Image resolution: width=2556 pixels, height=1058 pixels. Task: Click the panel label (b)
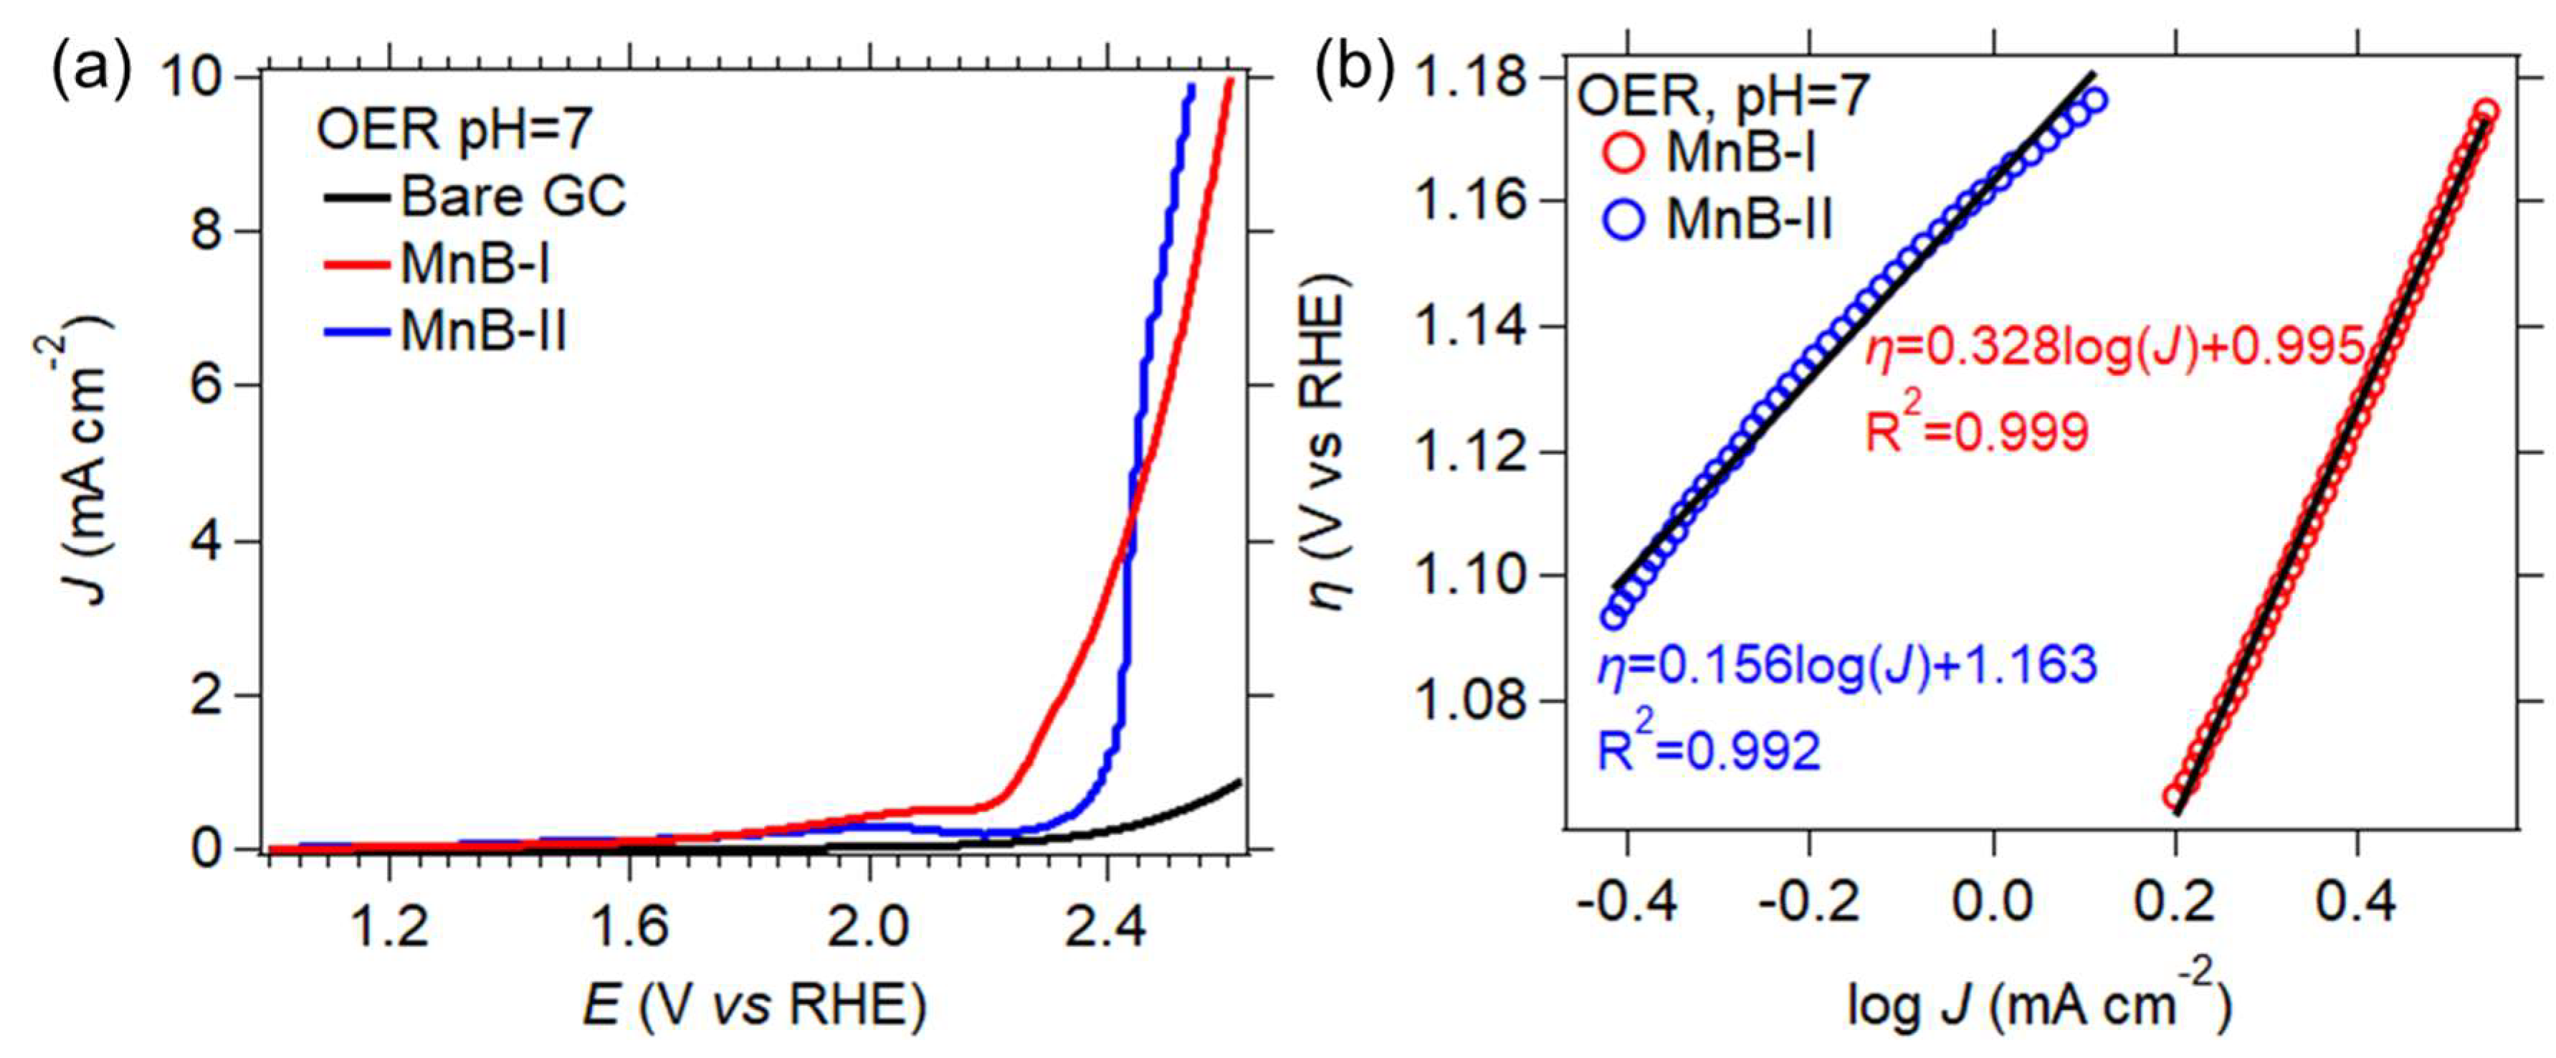tap(1355, 72)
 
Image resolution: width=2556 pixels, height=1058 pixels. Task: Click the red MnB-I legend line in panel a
tap(356, 265)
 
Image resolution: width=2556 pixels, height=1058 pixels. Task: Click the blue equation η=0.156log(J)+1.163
tap(1848, 664)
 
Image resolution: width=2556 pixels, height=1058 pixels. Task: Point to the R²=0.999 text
tap(1977, 429)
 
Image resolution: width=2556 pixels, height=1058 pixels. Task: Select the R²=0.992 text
tap(1709, 750)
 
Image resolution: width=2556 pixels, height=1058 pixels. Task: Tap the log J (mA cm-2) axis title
tap(2039, 1004)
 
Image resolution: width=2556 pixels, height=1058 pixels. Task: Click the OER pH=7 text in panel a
tap(454, 129)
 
